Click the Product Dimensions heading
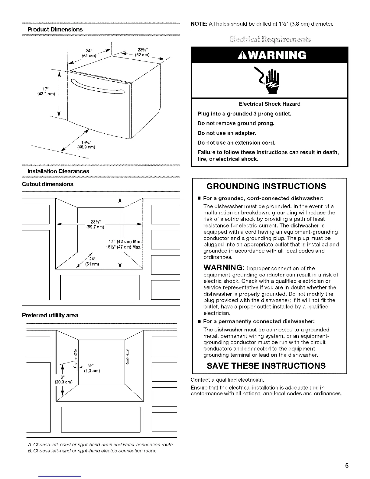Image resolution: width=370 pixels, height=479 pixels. click(55, 29)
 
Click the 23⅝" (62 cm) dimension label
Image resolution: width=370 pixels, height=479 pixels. click(141, 52)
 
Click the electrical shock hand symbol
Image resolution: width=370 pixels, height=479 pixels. click(270, 81)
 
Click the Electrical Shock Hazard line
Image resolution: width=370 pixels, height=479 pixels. click(269, 104)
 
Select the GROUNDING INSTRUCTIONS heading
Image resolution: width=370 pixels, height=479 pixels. click(266, 186)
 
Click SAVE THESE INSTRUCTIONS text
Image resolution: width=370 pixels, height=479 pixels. click(266, 366)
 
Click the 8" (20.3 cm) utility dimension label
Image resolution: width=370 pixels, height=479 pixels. click(63, 379)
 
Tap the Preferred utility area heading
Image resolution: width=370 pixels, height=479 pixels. click(50, 315)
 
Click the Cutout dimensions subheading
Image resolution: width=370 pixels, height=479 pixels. click(47, 184)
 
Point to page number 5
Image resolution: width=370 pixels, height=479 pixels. click(347, 466)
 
